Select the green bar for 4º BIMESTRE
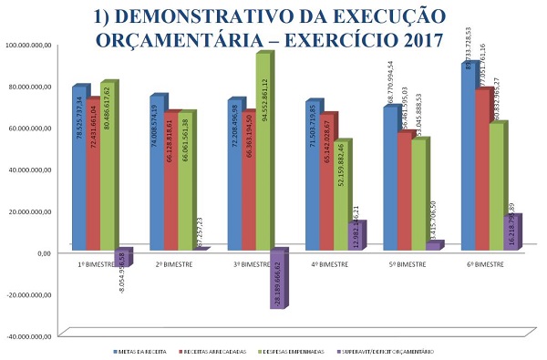pyautogui.click(x=341, y=195)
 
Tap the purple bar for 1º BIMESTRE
pyautogui.click(x=122, y=257)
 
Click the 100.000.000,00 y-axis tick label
pyautogui.click(x=30, y=45)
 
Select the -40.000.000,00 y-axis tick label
pyautogui.click(x=30, y=336)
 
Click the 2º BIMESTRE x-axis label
pyautogui.click(x=172, y=263)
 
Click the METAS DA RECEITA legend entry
pyautogui.click(x=139, y=351)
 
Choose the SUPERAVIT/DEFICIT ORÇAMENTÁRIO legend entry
pyautogui.click(x=387, y=351)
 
